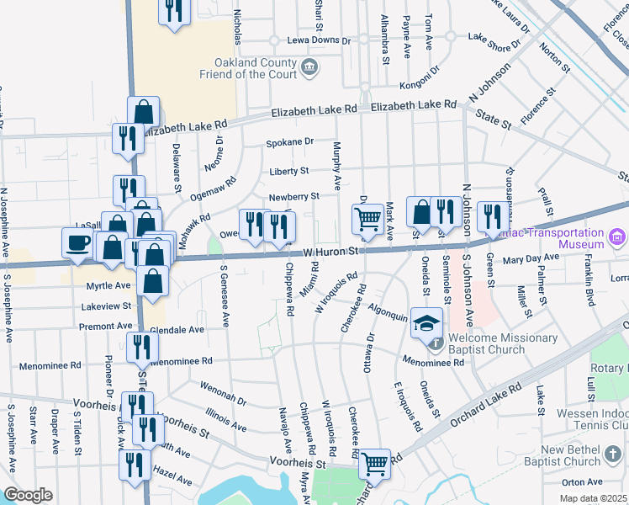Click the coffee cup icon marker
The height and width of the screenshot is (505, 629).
79,242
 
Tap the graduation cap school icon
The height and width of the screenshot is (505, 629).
427,322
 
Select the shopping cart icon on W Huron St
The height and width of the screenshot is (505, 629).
367,220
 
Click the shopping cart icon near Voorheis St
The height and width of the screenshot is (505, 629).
374,463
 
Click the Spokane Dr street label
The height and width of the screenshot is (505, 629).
289,141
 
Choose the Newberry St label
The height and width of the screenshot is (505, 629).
293,197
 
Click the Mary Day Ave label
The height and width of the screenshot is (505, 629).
531,258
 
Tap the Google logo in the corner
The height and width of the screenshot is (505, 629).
28,494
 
